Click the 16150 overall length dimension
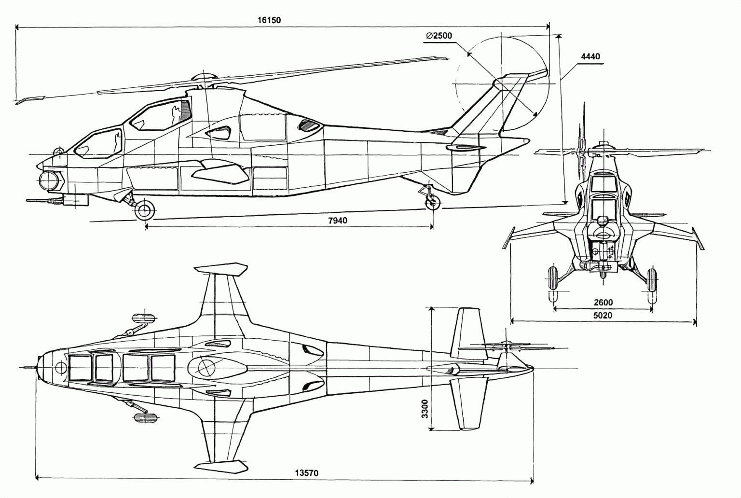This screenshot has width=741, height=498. click(x=269, y=20)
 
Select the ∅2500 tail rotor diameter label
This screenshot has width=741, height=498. click(x=439, y=36)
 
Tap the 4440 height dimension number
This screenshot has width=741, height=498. click(x=590, y=56)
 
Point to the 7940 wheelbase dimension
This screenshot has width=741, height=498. click(x=338, y=221)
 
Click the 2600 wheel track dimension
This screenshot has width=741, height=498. click(x=603, y=303)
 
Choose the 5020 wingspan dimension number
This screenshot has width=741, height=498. click(x=603, y=316)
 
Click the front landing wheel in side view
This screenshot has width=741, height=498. click(x=144, y=210)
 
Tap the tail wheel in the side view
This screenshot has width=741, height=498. click(x=432, y=203)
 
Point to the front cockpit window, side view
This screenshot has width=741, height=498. click(x=99, y=143)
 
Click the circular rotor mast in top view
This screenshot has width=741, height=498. click(x=206, y=367)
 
